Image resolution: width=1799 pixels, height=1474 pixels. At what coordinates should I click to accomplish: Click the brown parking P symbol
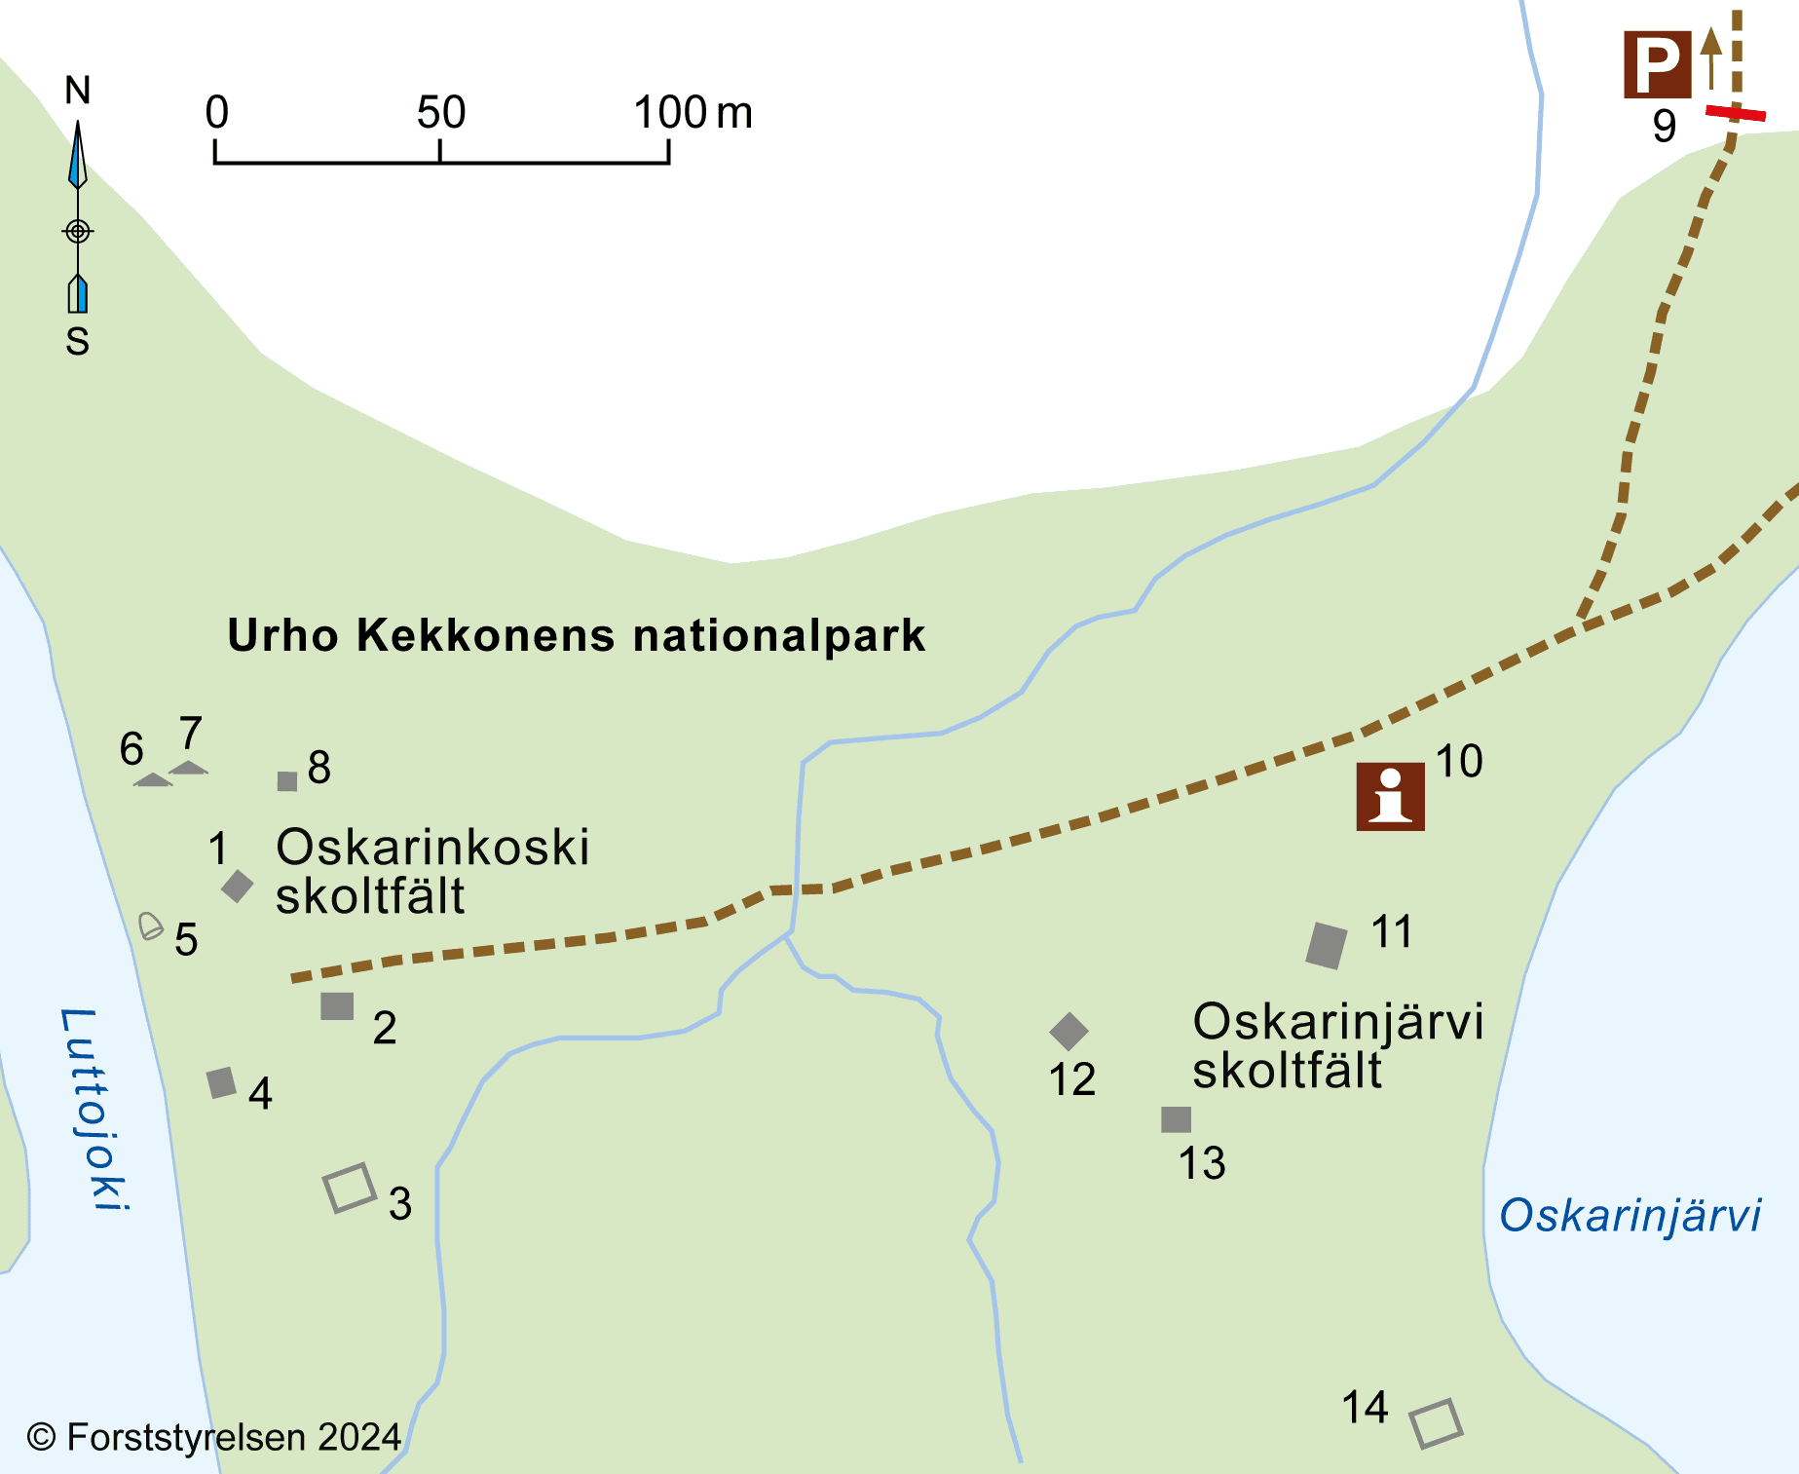click(1657, 65)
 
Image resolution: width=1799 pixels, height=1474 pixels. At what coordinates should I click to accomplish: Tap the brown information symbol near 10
click(1390, 796)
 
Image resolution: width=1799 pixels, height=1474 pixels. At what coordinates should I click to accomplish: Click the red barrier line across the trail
click(1735, 114)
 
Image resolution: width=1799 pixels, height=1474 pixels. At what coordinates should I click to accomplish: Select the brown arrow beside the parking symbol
click(1710, 57)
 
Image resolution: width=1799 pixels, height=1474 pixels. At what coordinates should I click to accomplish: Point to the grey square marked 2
click(337, 1006)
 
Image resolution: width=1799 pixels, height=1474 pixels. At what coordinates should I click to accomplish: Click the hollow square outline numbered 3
click(350, 1188)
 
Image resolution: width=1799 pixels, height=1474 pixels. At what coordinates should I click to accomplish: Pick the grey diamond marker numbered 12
click(1068, 1031)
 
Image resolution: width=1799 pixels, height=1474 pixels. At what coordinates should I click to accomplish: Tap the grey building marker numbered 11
click(1327, 945)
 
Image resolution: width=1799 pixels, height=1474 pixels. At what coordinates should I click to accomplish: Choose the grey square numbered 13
click(1176, 1119)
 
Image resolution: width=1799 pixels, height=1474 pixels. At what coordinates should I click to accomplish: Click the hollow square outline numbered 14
click(1437, 1423)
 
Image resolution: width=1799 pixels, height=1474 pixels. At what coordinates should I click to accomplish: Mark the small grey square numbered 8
click(287, 781)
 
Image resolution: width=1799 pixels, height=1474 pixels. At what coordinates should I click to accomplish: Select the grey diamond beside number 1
click(237, 886)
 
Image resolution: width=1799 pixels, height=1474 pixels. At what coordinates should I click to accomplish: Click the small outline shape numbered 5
click(150, 926)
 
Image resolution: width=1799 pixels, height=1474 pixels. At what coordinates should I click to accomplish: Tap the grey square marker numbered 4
click(222, 1082)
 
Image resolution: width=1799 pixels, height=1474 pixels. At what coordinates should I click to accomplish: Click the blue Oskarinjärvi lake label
click(1630, 1215)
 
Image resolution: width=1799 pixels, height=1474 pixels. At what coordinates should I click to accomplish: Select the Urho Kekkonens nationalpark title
click(576, 635)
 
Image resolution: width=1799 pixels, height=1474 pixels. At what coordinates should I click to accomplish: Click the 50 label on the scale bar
click(441, 113)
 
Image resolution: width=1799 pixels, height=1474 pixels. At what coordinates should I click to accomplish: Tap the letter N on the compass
click(78, 91)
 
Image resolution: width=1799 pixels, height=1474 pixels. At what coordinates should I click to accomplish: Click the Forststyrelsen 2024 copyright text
click(214, 1437)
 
